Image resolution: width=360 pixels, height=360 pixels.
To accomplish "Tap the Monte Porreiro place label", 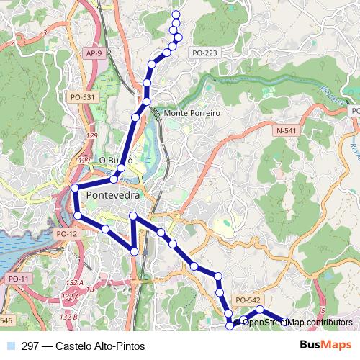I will point(192,114).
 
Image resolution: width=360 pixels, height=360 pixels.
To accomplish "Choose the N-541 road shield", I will point(286,130).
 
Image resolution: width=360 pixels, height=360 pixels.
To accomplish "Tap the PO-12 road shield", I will point(66,234).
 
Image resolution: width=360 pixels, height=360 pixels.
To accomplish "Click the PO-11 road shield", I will point(17,279).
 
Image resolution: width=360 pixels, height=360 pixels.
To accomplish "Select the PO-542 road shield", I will point(247,300).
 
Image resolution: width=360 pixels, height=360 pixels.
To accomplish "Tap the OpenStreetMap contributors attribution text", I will point(297,322).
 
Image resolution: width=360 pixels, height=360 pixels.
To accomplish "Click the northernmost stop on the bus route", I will point(176,14).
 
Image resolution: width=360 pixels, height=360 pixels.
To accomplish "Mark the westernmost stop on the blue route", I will point(74,189).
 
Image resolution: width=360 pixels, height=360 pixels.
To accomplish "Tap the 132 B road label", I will point(69,316).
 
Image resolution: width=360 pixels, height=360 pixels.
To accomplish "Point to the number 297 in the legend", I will point(31,346).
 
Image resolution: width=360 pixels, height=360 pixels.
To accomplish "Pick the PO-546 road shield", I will point(5,320).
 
